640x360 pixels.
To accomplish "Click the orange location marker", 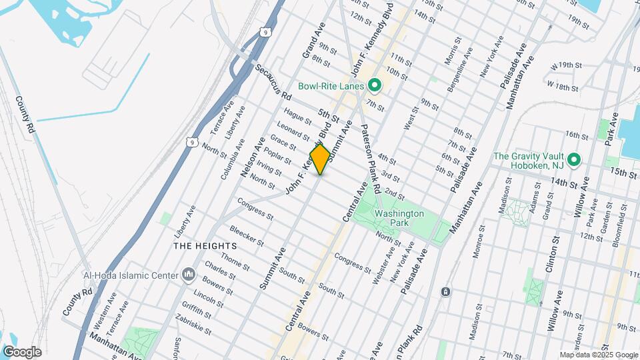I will (320, 159).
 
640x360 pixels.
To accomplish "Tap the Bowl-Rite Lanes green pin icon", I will (375, 85).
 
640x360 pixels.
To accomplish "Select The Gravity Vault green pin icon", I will (573, 161).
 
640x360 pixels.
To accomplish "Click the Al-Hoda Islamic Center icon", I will (188, 275).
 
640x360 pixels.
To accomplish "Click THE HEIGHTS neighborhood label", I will (196, 246).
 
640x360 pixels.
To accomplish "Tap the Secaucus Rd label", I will (272, 81).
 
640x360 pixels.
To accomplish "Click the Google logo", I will (22, 352).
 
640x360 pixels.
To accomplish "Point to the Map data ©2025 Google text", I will (599, 355).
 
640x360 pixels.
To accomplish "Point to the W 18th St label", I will (561, 87).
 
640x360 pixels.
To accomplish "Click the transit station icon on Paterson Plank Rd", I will (445, 292).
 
